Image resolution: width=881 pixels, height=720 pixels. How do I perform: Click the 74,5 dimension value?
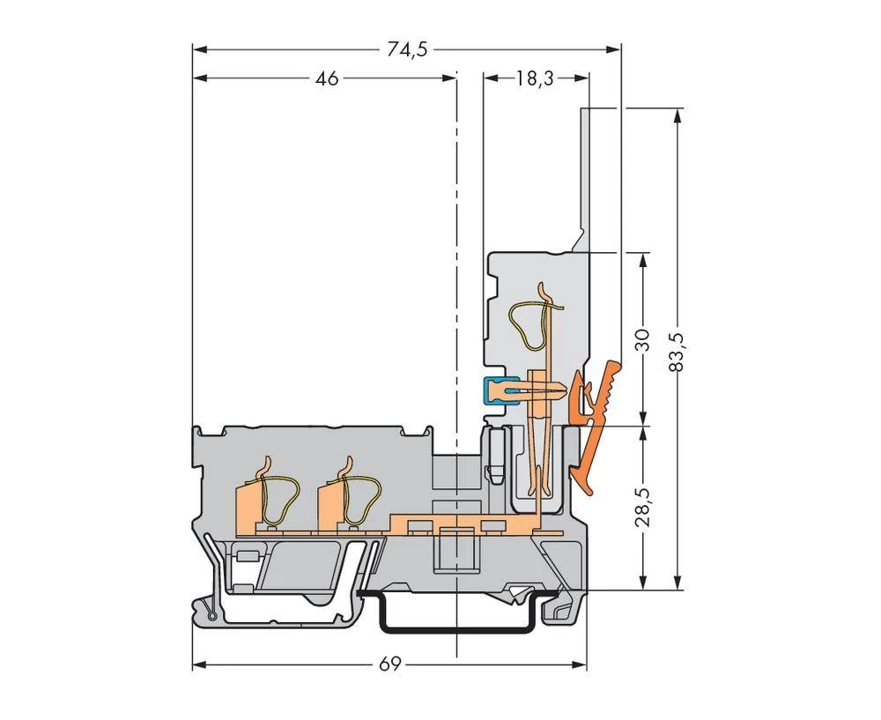point(407,49)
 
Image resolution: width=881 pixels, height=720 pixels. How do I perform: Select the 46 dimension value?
point(327,79)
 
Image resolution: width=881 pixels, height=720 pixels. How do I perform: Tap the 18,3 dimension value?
point(535,79)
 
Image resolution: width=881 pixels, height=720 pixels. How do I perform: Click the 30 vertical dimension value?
point(643,339)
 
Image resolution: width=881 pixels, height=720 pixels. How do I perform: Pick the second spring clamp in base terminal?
point(347,502)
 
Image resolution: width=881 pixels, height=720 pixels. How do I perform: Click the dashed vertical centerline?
point(456,264)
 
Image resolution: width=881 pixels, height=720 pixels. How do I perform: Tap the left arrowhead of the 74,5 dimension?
point(198,49)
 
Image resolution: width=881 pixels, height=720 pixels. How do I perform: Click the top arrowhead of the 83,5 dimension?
point(677,114)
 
